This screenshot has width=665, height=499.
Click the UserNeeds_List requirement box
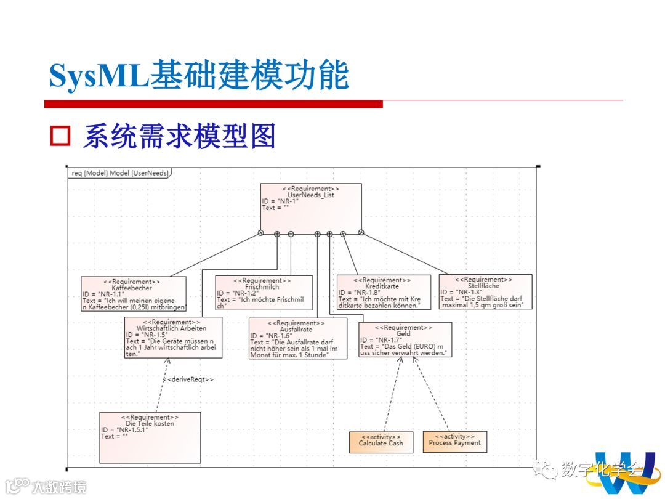coord(310,206)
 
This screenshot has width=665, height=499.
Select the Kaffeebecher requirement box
coord(133,294)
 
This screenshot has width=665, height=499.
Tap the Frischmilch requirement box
coord(264,293)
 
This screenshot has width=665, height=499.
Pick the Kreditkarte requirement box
coord(383,292)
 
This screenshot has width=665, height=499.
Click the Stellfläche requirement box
coord(485,291)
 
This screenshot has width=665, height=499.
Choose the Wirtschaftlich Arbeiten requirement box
coord(173,338)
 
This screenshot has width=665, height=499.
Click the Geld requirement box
coord(405,339)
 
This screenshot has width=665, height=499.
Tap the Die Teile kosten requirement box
coord(150,437)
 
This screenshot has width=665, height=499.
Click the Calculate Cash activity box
coord(381,442)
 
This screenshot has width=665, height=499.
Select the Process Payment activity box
coord(454,441)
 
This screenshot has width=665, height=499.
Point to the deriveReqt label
coord(188,379)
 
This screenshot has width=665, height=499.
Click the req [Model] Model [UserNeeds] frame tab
coord(119,173)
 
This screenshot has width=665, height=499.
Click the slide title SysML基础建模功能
coord(199,76)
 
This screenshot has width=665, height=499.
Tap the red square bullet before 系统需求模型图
coord(60,136)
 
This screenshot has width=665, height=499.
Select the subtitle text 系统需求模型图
coord(179,136)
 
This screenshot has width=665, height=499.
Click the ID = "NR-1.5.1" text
coord(124,430)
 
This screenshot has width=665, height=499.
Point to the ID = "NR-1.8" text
coord(359,293)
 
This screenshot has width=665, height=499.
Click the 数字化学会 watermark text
coord(600,469)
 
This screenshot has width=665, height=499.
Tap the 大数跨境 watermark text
coord(59,486)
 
